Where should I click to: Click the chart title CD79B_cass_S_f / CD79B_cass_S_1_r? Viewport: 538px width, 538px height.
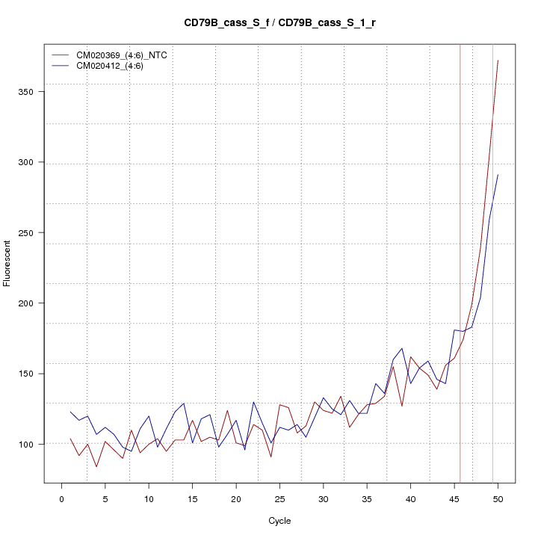click(x=279, y=23)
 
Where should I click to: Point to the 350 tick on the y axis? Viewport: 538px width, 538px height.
click(x=28, y=92)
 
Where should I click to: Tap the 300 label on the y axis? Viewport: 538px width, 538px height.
click(x=28, y=162)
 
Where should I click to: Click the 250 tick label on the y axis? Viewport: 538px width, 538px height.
click(x=28, y=233)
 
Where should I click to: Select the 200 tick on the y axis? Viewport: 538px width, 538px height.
click(x=28, y=303)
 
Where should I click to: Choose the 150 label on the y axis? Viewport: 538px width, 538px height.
click(x=28, y=374)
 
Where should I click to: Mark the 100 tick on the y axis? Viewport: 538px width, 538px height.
click(x=28, y=444)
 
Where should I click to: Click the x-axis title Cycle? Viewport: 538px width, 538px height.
click(x=279, y=521)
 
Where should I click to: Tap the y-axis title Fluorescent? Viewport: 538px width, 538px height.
click(x=7, y=263)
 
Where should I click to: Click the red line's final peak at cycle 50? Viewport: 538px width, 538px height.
click(x=498, y=61)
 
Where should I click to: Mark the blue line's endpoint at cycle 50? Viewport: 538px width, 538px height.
click(x=498, y=175)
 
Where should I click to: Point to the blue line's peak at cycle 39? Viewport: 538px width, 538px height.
click(x=402, y=348)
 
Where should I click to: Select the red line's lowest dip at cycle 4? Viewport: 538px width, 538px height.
click(x=96, y=467)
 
